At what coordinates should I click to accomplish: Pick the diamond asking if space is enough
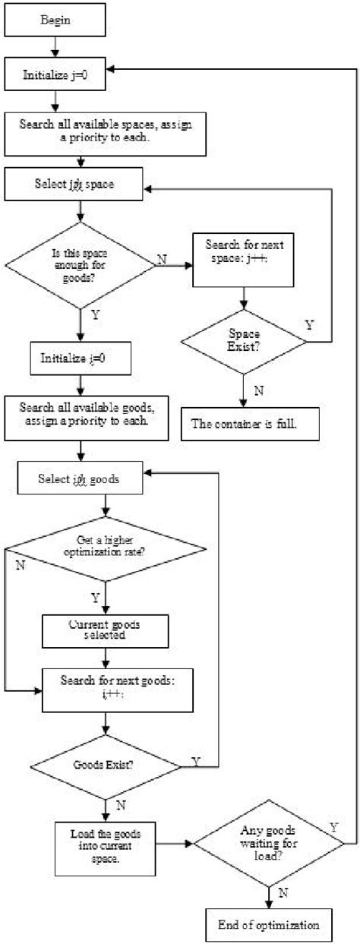coord(79,265)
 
